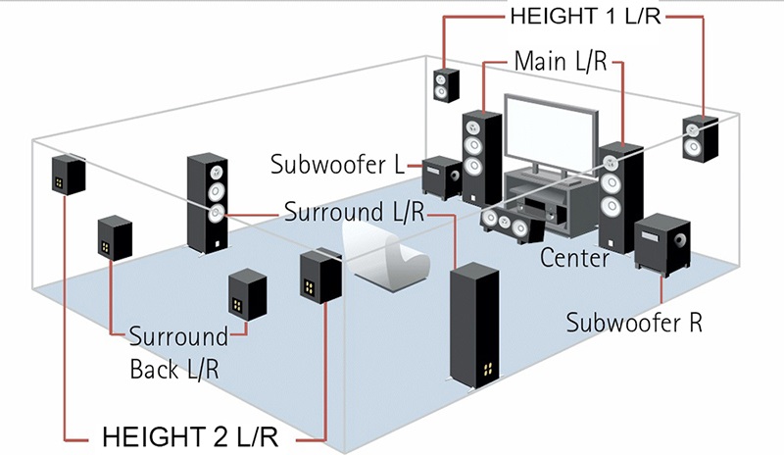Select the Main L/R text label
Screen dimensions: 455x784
click(561, 62)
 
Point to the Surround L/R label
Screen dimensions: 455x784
click(354, 211)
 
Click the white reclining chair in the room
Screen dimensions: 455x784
click(392, 258)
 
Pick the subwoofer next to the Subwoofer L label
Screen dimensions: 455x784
click(442, 177)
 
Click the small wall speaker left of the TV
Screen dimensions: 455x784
click(443, 86)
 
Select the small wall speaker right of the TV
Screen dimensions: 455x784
click(700, 139)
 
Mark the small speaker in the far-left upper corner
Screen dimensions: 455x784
click(68, 175)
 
